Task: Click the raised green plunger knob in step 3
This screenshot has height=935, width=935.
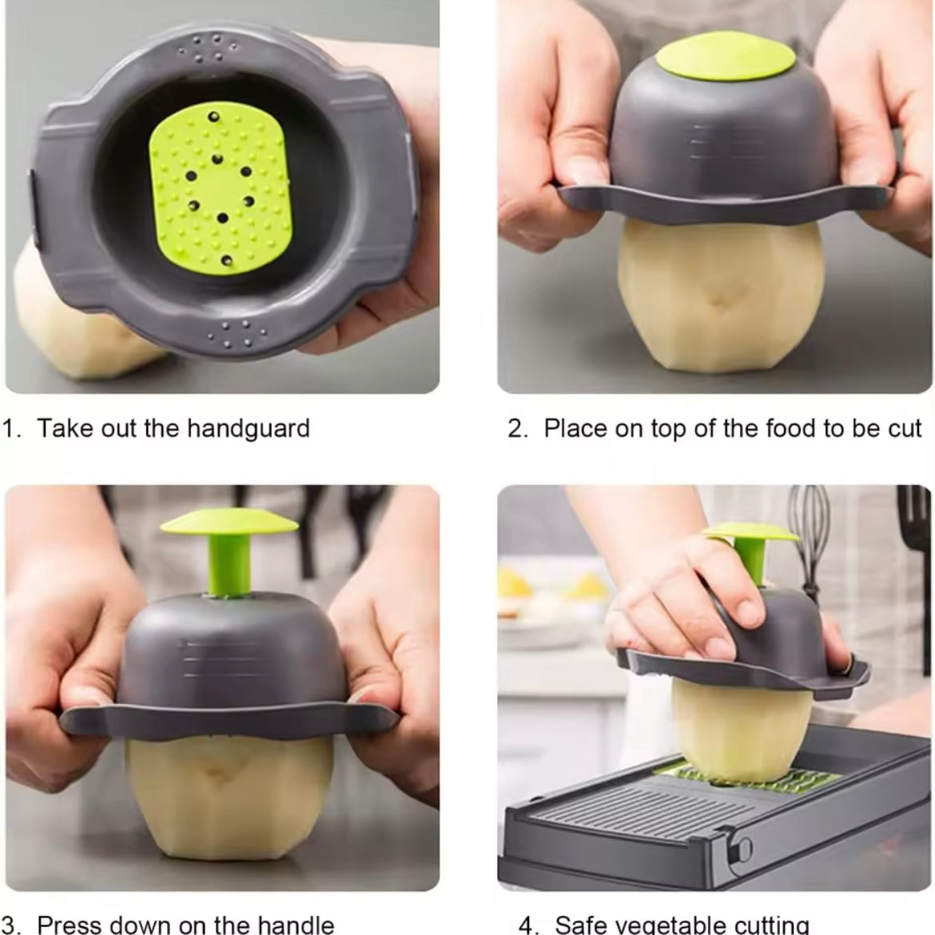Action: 230,523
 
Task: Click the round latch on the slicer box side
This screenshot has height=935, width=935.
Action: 744,847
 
